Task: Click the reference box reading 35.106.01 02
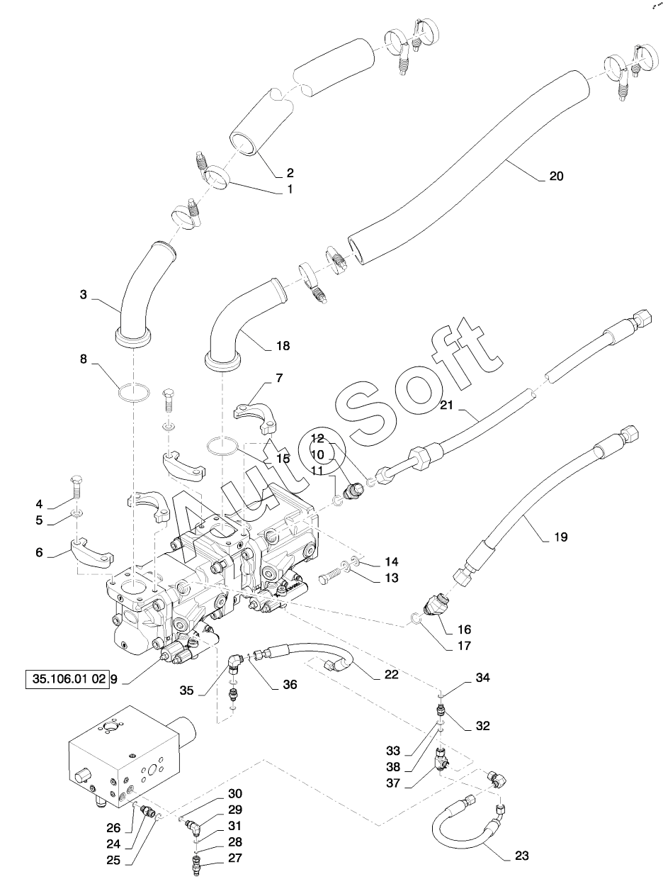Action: (67, 679)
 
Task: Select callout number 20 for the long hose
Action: (556, 176)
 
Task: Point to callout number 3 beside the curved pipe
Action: (84, 295)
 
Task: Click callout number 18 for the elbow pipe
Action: (283, 346)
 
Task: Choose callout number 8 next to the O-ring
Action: (84, 359)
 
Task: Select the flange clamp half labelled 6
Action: (93, 551)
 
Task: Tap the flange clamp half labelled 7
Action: (255, 420)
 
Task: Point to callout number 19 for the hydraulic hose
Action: (560, 537)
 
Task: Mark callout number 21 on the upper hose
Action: (446, 405)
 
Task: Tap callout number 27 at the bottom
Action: (235, 858)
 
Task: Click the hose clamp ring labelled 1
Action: (217, 179)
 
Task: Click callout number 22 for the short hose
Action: (391, 674)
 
